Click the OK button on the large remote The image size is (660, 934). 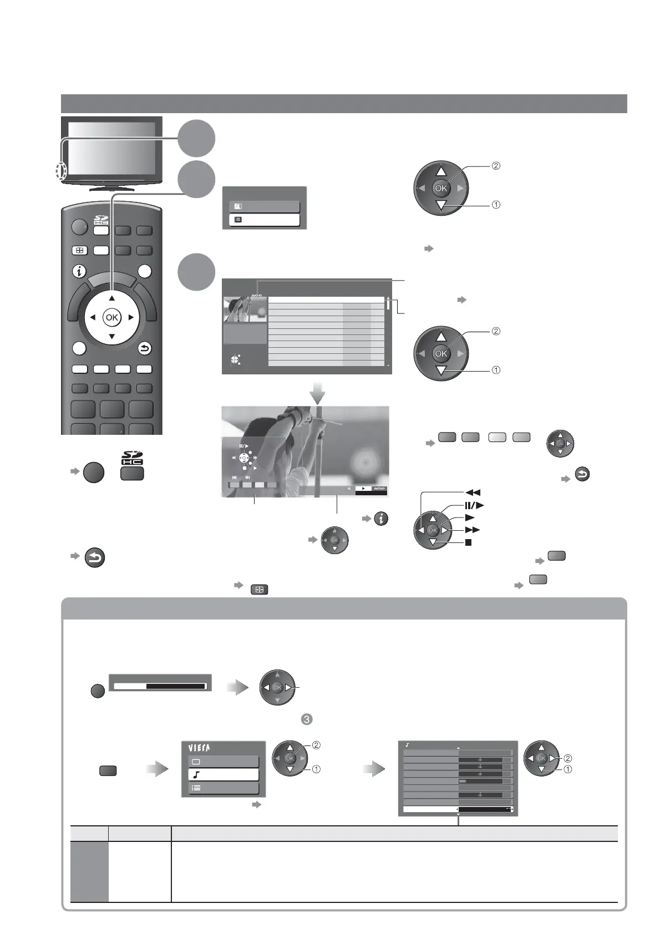pyautogui.click(x=111, y=317)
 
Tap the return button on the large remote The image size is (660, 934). pyautogui.click(x=144, y=349)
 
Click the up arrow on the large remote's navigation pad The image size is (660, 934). pyautogui.click(x=111, y=298)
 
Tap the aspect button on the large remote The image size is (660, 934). pyautogui.click(x=78, y=250)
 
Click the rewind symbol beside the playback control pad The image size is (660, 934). pyautogui.click(x=475, y=493)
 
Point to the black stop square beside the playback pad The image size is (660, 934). pyautogui.click(x=469, y=542)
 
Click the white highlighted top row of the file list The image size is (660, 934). pyautogui.click(x=326, y=300)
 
